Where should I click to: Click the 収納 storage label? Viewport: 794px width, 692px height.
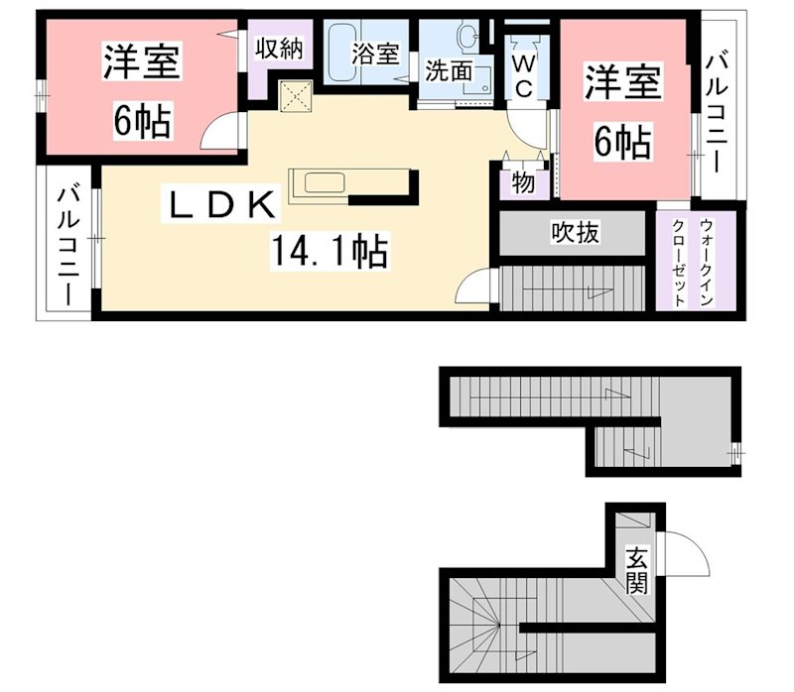point(279,49)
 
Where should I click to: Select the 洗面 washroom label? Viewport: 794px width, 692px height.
point(449,70)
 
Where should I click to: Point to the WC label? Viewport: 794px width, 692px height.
point(524,76)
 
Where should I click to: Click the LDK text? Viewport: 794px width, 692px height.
point(220,205)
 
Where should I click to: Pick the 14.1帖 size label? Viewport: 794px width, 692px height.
point(330,252)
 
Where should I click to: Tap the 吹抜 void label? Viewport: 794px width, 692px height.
point(575,233)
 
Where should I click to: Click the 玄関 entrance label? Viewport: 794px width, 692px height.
point(636,570)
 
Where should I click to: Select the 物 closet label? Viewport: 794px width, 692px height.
point(523,182)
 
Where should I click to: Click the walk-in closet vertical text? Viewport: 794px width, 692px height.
point(692,263)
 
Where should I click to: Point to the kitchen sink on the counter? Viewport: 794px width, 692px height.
point(326,182)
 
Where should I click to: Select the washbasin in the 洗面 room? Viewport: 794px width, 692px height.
point(467,36)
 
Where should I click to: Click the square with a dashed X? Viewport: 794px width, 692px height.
point(296,96)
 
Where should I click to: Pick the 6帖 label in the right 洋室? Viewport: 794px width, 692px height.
point(622,142)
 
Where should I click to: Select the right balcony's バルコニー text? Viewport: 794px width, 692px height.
point(717,113)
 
